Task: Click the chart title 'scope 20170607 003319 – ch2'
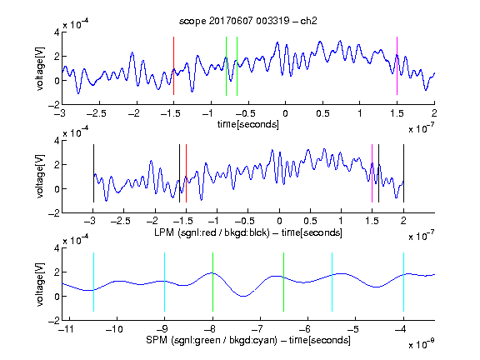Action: pos(248,21)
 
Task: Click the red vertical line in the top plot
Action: pos(173,66)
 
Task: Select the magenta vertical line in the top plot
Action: pos(397,66)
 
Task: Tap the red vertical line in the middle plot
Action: pos(186,173)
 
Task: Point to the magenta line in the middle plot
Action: pos(372,173)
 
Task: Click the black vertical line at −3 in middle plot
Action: pos(93,173)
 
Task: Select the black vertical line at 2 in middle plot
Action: pos(403,173)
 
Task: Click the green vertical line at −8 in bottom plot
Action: pos(212,282)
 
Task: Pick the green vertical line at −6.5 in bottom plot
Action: pos(284,282)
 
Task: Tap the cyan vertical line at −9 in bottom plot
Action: pos(164,282)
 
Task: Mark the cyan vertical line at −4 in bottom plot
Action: pos(403,282)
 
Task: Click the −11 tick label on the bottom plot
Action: pos(66,329)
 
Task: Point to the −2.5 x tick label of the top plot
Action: pos(97,113)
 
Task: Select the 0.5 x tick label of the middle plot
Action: pos(310,221)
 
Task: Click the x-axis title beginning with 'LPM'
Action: pos(248,232)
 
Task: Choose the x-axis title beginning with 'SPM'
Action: pos(248,340)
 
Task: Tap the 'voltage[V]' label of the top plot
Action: pos(40,68)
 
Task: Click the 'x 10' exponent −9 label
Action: pos(422,344)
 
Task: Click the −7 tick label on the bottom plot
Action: pos(259,329)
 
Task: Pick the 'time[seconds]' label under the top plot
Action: pos(248,124)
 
